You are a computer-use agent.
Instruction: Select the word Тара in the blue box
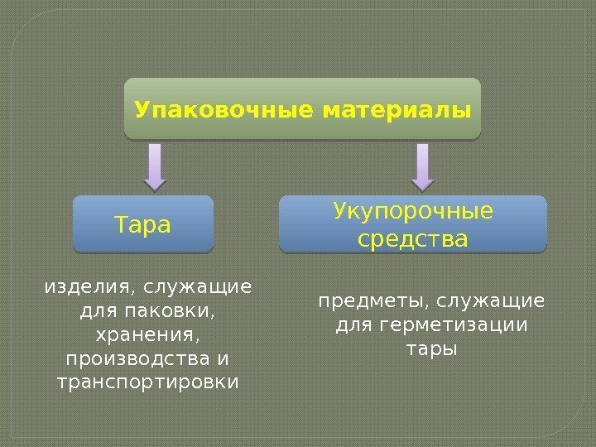tap(143, 224)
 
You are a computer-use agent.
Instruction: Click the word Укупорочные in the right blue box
tap(413, 212)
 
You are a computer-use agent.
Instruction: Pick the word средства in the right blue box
tap(413, 239)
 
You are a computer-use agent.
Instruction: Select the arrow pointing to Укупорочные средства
tap(422, 166)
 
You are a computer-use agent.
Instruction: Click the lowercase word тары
tap(431, 347)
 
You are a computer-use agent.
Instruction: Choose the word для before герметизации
tap(353, 323)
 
